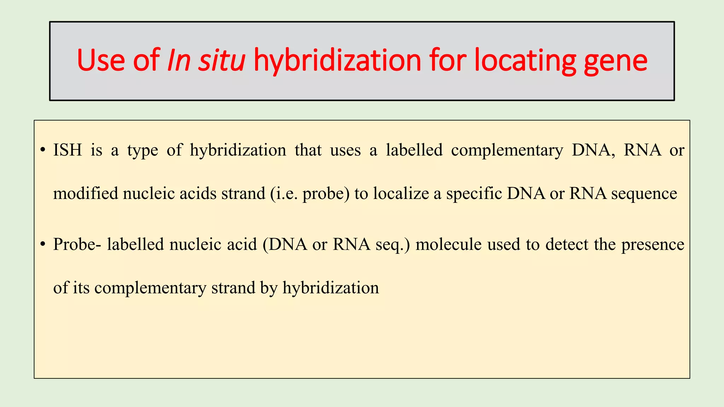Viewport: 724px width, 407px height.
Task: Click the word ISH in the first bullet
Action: point(67,150)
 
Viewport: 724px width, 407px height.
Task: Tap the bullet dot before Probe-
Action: point(43,244)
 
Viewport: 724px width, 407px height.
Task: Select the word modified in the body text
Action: point(86,193)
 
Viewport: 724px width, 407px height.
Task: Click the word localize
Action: point(401,193)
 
